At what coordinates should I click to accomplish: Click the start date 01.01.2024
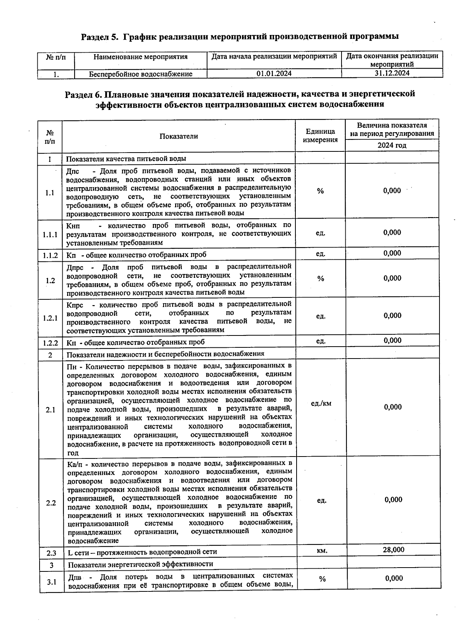pos(274,73)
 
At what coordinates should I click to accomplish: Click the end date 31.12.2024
pos(392,73)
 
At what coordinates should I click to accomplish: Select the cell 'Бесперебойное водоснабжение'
pos(141,74)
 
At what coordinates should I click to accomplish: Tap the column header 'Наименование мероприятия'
pos(141,57)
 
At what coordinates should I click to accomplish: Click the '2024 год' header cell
pos(391,145)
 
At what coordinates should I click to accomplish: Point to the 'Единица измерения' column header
pos(320,136)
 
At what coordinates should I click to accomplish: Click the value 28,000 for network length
pos(393,550)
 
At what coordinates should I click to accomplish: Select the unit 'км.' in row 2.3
pos(322,551)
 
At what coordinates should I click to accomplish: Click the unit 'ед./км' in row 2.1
pos(321,403)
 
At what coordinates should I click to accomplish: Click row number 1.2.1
pos(50,318)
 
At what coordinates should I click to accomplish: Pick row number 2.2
pos(51,503)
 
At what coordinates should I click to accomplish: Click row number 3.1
pos(52,582)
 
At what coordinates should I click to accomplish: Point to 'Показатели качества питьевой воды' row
pos(126,159)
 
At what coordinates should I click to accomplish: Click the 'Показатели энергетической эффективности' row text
pos(140,564)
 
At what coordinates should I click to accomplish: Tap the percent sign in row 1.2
pos(321,279)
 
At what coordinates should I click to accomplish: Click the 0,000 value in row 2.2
pos(393,500)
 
